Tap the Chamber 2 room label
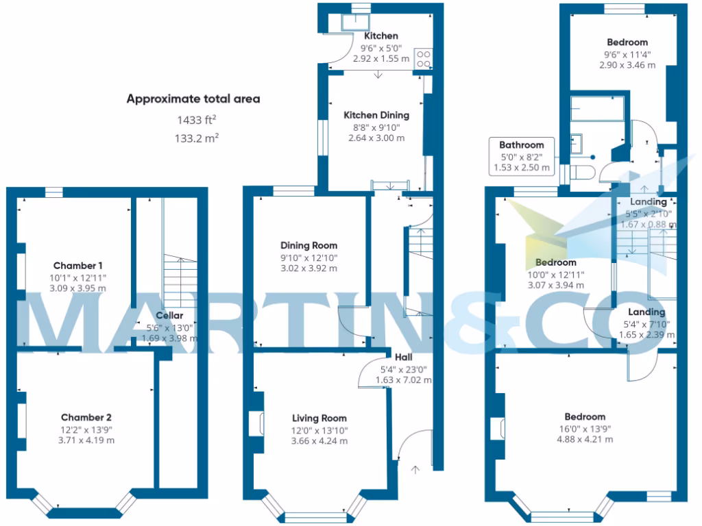coord(86,417)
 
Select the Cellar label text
coord(169,316)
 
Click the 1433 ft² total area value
coord(193,120)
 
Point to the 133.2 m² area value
coord(193,138)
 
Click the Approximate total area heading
coord(193,99)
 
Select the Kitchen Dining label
coord(376,115)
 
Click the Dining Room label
coord(308,245)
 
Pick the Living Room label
coord(319,418)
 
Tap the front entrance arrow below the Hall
coord(415,470)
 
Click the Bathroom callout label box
coord(521,156)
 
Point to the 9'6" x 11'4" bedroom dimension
coord(627,54)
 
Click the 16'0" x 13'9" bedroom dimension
coord(584,429)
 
